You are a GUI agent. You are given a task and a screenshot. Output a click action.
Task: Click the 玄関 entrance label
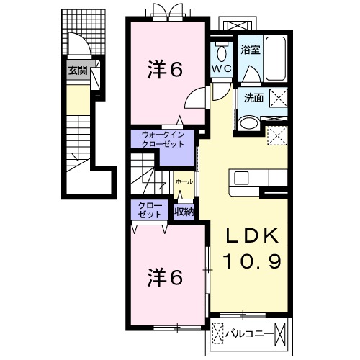coord(78,71)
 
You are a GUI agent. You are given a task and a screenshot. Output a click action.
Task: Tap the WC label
coord(222,68)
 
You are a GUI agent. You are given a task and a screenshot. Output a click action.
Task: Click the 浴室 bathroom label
coord(251,50)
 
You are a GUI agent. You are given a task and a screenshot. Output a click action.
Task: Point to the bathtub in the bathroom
coord(276,58)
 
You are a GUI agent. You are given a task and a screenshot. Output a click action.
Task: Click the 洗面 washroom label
coord(253,98)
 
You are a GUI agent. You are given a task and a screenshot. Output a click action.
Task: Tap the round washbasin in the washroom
coord(250,124)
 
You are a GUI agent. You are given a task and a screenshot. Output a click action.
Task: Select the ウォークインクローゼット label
coord(163,140)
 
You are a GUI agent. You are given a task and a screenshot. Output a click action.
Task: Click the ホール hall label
coord(184,181)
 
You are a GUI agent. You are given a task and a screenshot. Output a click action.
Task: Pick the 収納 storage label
coord(184,212)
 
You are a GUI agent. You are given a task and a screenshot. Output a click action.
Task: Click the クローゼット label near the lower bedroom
coord(150,210)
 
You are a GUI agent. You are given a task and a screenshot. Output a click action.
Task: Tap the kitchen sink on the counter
coord(242,179)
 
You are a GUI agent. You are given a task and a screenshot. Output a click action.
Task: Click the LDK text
coord(252,235)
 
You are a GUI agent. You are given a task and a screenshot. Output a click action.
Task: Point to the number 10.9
coord(252,261)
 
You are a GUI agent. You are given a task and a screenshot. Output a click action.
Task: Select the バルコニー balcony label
coord(249,333)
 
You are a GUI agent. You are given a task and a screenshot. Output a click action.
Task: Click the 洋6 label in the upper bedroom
coord(165,70)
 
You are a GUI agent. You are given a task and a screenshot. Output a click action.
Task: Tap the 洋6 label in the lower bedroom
coord(165,278)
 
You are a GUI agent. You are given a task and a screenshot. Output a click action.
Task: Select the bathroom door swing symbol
coord(251,74)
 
